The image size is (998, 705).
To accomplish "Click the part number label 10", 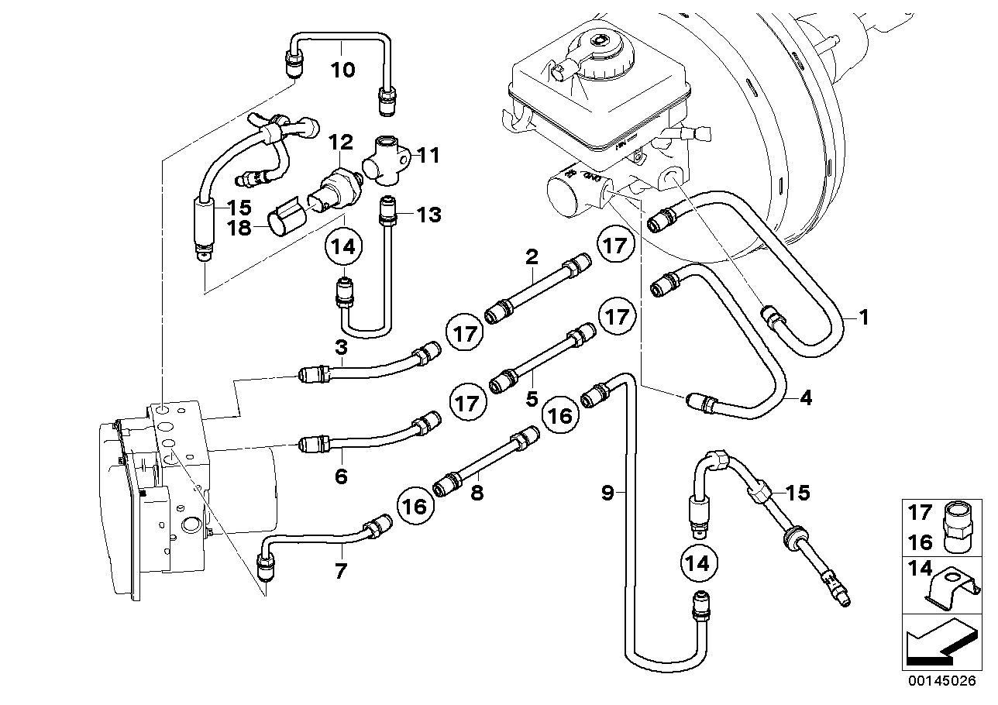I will [342, 70].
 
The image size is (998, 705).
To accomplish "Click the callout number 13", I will [428, 215].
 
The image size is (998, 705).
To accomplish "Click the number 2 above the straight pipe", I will [532, 256].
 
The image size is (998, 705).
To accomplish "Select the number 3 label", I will [341, 349].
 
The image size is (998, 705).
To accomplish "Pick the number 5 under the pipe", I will [532, 399].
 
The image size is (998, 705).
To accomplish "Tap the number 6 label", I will [341, 476].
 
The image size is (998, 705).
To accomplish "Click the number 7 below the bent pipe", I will [341, 572].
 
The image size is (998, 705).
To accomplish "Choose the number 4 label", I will [805, 399].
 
